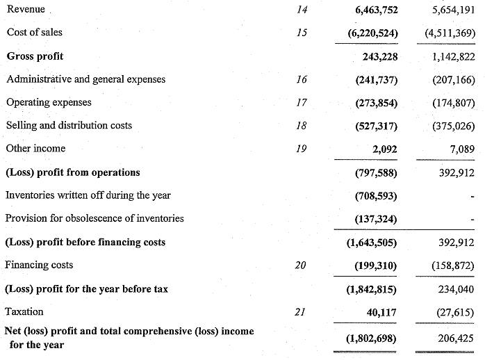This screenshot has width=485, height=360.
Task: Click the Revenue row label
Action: pyautogui.click(x=26, y=9)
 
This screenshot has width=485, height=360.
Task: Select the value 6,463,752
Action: pyautogui.click(x=372, y=10)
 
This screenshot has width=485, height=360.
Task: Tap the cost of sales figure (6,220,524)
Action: pyautogui.click(x=372, y=33)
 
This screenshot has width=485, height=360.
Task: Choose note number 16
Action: pyautogui.click(x=301, y=79)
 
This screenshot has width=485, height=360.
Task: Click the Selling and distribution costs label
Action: pyautogui.click(x=69, y=125)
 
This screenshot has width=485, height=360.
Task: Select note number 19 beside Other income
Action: pyautogui.click(x=301, y=149)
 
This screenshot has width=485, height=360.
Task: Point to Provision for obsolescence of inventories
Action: pyautogui.click(x=94, y=218)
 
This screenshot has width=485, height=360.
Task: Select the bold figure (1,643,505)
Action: pyautogui.click(x=372, y=243)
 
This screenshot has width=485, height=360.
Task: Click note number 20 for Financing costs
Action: pyautogui.click(x=301, y=265)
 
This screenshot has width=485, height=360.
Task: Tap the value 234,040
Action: pyautogui.click(x=456, y=289)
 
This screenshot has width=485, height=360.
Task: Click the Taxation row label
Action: pyautogui.click(x=24, y=311)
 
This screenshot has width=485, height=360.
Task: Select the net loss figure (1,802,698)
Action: pyautogui.click(x=372, y=338)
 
